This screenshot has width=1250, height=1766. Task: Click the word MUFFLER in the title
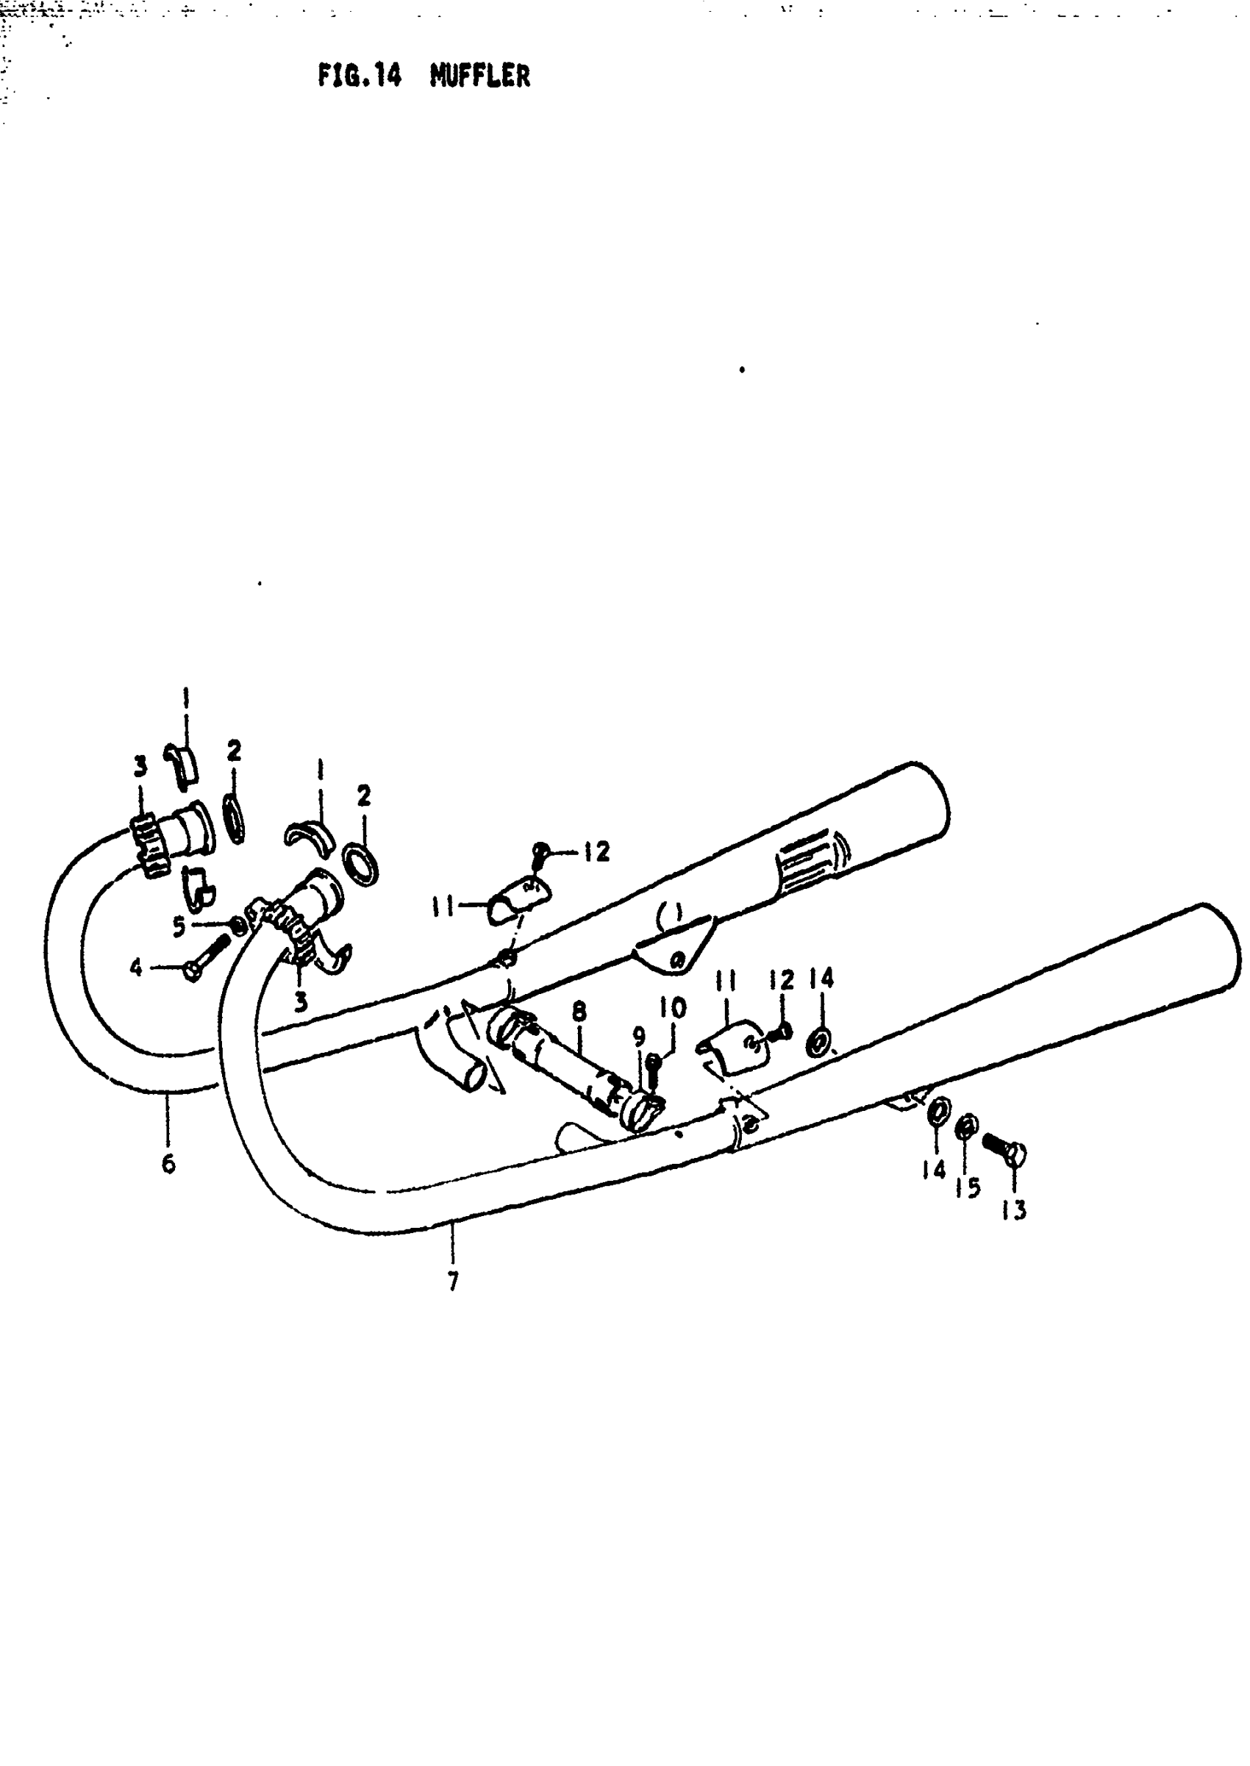(x=479, y=76)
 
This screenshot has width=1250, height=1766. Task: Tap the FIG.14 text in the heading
(x=360, y=76)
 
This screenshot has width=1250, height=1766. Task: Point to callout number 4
(x=136, y=968)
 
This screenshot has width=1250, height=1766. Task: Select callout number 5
(x=179, y=926)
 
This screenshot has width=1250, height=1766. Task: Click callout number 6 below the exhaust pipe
(x=168, y=1162)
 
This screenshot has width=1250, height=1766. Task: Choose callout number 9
(x=639, y=1037)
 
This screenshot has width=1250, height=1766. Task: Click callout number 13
(x=1015, y=1211)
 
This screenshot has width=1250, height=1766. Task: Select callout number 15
(x=968, y=1188)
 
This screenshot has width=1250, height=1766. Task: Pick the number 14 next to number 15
(x=934, y=1170)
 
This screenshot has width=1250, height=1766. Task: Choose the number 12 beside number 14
(x=780, y=980)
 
